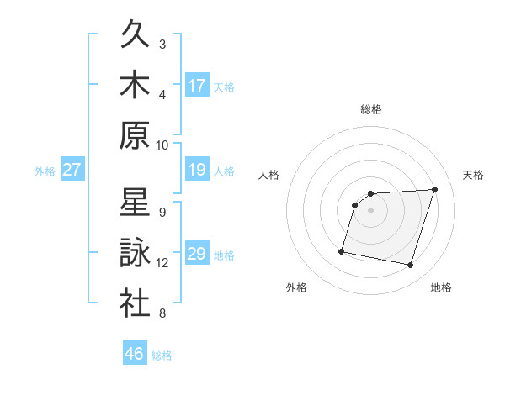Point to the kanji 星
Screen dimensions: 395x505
pos(135,203)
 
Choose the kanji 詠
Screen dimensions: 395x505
pos(135,253)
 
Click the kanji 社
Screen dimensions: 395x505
pos(135,303)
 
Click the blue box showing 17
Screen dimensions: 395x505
pos(197,85)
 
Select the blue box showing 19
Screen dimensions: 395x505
pos(197,171)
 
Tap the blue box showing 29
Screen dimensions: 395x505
pos(197,255)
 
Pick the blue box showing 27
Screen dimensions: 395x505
pos(72,171)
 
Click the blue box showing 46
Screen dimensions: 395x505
pos(135,354)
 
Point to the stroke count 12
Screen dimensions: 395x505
pos(162,263)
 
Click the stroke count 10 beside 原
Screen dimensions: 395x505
pos(162,145)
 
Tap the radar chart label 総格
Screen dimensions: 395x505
pos(370,109)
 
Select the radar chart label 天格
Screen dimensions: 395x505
pos(473,175)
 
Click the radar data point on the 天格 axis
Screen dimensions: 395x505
pos(434,190)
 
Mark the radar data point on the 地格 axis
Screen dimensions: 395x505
pos(411,266)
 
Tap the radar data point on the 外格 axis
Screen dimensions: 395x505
pos(342,250)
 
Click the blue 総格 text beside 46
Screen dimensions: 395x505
pos(162,355)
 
